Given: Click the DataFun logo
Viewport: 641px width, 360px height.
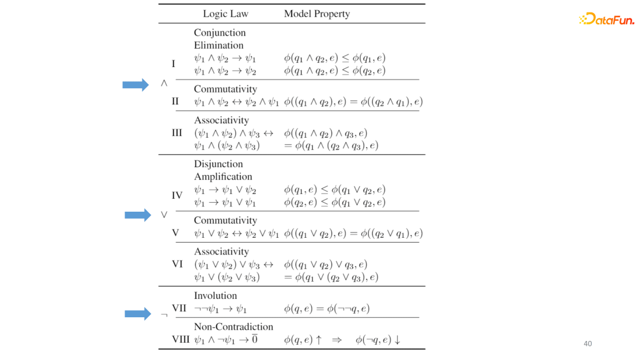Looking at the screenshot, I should [x=606, y=20].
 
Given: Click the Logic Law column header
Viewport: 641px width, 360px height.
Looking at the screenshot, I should [x=226, y=14].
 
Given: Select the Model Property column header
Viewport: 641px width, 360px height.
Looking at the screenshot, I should [x=316, y=14].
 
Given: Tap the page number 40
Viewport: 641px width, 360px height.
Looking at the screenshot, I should [x=588, y=343].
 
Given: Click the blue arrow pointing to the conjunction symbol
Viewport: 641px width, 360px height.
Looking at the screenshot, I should [x=135, y=85].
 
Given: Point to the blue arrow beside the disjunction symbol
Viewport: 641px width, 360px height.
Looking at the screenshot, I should [x=138, y=215].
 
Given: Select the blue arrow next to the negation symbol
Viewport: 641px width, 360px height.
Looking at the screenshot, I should [x=138, y=314].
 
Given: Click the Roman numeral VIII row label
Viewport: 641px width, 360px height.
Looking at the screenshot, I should [x=180, y=340].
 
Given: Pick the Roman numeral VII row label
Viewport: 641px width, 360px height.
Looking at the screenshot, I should [x=179, y=308].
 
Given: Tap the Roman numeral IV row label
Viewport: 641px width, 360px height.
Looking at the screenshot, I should [x=177, y=195].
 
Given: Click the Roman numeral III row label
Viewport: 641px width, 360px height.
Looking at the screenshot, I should [x=177, y=133].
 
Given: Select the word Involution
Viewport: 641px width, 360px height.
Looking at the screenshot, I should [x=215, y=295].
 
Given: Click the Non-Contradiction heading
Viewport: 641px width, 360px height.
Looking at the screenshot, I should [x=233, y=327].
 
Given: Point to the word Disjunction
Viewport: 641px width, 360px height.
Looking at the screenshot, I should [x=218, y=164].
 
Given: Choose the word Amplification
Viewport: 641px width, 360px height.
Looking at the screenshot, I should [x=223, y=176].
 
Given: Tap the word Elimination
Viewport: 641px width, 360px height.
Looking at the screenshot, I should [x=218, y=45].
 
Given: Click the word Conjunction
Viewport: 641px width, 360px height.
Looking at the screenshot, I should [x=220, y=33].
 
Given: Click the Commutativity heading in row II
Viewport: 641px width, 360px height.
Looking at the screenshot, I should [x=226, y=89].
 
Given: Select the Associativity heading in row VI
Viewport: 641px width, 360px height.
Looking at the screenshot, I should [x=221, y=251].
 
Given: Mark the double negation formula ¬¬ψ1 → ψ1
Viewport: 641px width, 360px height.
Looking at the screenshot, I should [x=220, y=309].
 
